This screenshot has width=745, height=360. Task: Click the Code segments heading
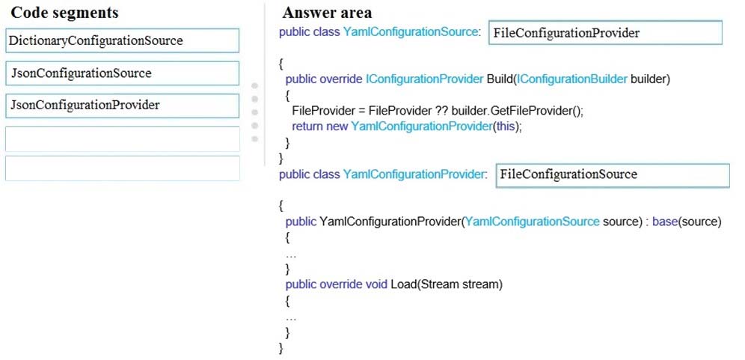(64, 13)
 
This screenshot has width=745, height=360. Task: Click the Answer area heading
(327, 13)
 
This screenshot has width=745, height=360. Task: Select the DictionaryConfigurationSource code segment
(122, 40)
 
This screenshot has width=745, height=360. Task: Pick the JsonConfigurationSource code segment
(122, 73)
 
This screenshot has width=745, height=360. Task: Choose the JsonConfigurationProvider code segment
(122, 106)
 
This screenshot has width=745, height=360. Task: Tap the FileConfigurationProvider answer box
(605, 33)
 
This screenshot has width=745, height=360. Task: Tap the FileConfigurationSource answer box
(613, 175)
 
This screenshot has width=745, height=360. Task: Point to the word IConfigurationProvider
(424, 79)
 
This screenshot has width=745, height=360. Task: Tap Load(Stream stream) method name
(446, 285)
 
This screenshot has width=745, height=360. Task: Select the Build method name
(499, 79)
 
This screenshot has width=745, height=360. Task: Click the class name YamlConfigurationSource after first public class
(409, 32)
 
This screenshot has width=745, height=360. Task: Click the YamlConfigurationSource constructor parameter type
(533, 222)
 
